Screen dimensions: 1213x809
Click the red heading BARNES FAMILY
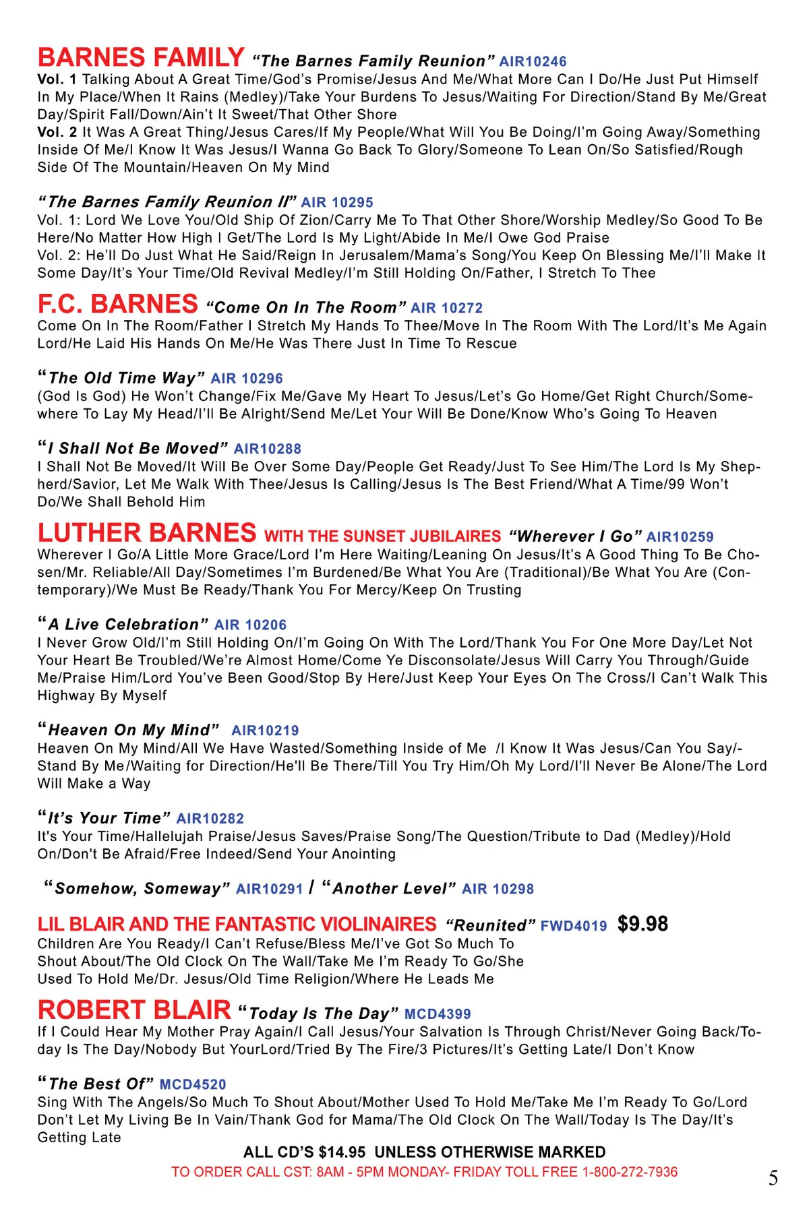coord(141,58)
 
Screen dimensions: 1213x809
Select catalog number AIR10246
coord(533,62)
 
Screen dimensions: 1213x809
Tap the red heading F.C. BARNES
coord(118,305)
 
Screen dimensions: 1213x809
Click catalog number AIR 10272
coord(447,308)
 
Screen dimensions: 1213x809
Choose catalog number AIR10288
coord(268,449)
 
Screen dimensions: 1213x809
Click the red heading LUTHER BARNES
coord(147,534)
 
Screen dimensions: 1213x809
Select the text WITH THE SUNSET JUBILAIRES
coord(382,536)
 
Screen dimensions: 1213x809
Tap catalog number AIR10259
coord(680,537)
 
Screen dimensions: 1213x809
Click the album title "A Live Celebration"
coord(123,625)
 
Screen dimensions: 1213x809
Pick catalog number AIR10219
coord(265,730)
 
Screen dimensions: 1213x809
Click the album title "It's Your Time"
coord(104,818)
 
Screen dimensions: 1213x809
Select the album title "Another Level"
coord(389,888)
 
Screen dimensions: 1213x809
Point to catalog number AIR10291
coord(269,889)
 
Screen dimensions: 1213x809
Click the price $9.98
coord(642,924)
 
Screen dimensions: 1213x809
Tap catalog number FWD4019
coord(574,926)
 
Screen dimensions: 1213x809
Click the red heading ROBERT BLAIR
coord(135,1010)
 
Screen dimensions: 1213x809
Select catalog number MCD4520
coord(193,1084)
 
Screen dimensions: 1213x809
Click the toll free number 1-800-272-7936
coord(630,1172)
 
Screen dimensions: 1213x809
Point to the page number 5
coord(773,1178)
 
